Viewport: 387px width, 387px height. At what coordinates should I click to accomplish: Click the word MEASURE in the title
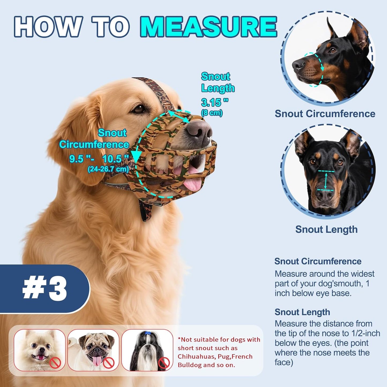pos(208,27)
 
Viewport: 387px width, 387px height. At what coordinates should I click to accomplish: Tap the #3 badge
pos(44,289)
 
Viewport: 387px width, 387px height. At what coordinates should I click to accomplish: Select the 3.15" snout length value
pos(215,102)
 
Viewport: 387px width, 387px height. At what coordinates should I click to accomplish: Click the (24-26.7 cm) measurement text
pos(108,169)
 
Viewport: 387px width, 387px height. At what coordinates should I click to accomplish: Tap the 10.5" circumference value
pos(115,159)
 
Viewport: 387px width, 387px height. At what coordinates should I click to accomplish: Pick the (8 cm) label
pos(212,113)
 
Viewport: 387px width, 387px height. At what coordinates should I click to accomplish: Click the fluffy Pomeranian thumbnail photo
pos(39,350)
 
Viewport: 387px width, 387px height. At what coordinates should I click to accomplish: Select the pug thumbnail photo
pos(93,350)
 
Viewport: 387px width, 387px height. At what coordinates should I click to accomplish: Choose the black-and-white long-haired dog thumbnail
pos(147,350)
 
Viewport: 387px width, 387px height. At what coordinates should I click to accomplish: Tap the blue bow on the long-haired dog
pos(147,333)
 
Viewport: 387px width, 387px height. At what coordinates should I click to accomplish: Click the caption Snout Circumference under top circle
pos(325,114)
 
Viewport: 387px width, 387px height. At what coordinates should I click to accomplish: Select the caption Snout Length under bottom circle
pos(326,230)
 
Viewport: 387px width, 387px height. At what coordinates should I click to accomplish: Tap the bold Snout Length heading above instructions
pos(302,312)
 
